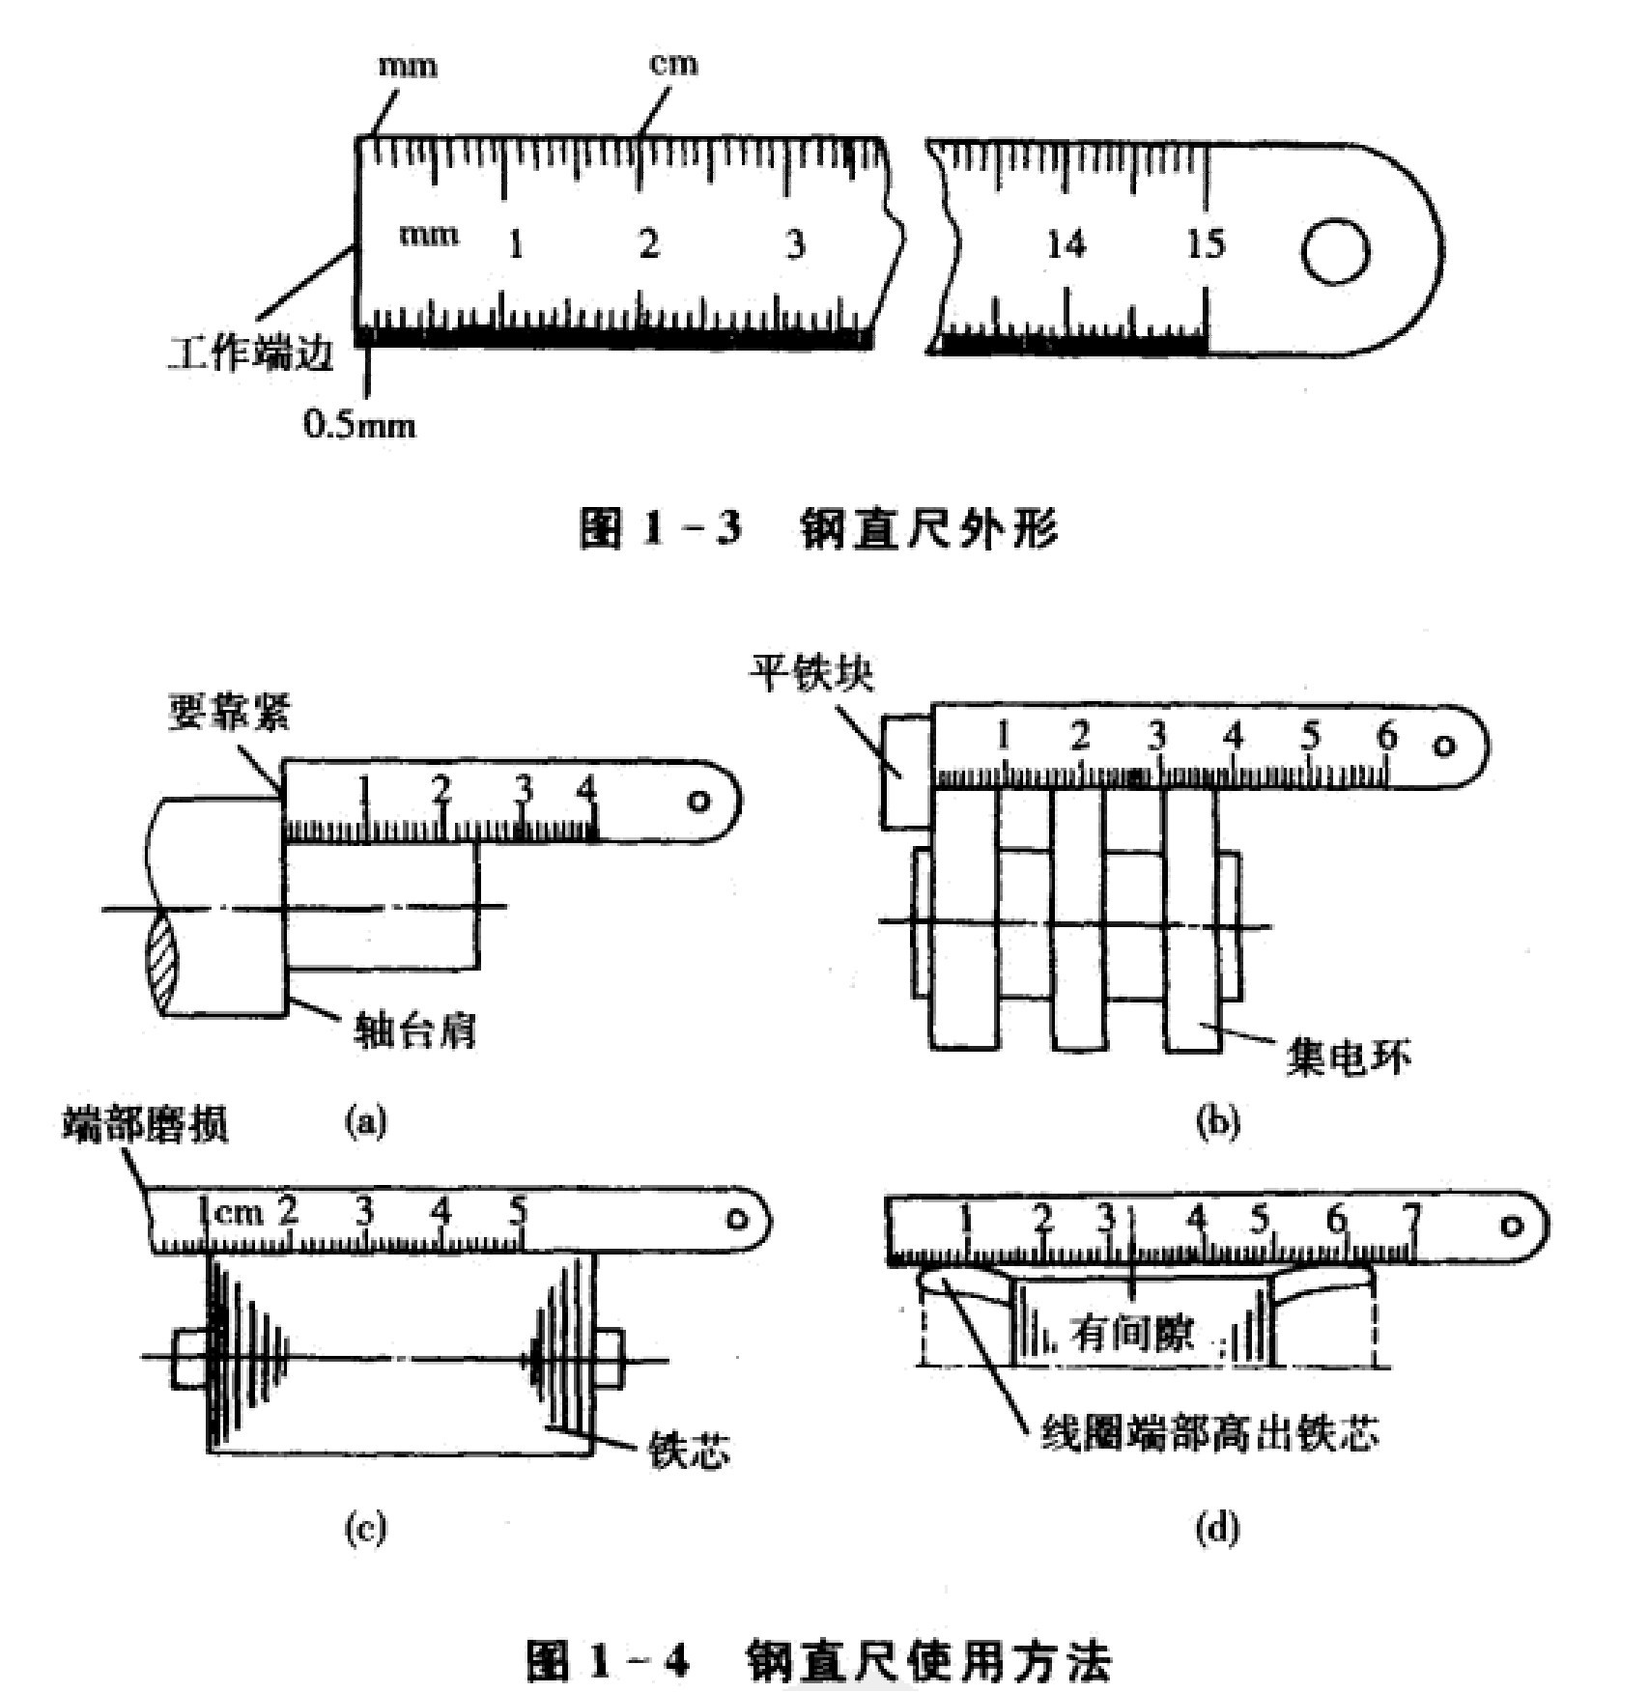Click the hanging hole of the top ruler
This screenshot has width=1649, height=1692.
[1334, 253]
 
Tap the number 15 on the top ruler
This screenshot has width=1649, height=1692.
[1205, 244]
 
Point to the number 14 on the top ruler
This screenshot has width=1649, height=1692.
[1066, 245]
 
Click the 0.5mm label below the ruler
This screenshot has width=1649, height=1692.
[359, 425]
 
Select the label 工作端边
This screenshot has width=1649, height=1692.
[252, 353]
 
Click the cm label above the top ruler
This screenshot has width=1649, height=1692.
[672, 64]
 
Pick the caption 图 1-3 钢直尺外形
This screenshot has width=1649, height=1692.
[818, 530]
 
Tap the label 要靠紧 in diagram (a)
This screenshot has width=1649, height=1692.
[229, 713]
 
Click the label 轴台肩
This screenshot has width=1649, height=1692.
[416, 1031]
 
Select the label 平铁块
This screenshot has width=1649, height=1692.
[813, 673]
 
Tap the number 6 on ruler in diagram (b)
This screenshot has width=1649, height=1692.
[1386, 737]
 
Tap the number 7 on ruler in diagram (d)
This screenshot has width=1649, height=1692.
[1412, 1220]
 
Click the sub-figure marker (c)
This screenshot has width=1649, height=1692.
[365, 1529]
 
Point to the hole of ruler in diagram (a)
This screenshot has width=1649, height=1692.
[698, 803]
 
